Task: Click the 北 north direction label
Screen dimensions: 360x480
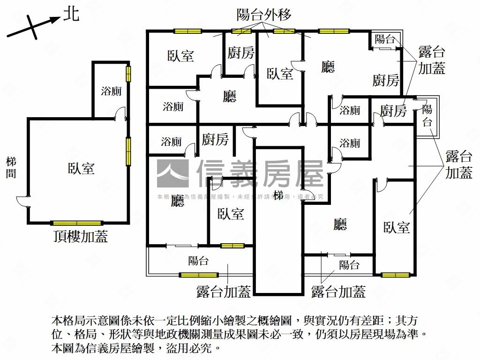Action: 71,15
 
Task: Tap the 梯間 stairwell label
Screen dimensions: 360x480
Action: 11,168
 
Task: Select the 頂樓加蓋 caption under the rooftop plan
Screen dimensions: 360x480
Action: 80,237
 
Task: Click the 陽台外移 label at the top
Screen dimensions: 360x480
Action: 264,15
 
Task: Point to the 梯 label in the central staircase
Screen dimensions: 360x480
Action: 278,195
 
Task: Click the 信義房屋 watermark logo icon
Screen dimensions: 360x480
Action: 172,173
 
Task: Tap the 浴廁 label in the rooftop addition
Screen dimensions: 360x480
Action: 111,91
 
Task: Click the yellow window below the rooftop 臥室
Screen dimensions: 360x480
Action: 76,223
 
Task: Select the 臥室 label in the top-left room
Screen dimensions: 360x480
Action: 180,56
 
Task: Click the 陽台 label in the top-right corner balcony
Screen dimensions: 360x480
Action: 385,39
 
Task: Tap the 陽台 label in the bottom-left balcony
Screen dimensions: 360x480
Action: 198,261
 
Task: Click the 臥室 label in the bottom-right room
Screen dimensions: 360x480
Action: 397,228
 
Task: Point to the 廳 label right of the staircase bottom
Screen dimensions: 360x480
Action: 340,225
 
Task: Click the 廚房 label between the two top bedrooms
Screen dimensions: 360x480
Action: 240,52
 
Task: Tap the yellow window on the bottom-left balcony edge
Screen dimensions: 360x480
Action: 198,275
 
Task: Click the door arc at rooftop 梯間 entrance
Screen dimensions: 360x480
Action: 22,200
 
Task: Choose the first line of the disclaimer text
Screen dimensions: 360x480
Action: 233,322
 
